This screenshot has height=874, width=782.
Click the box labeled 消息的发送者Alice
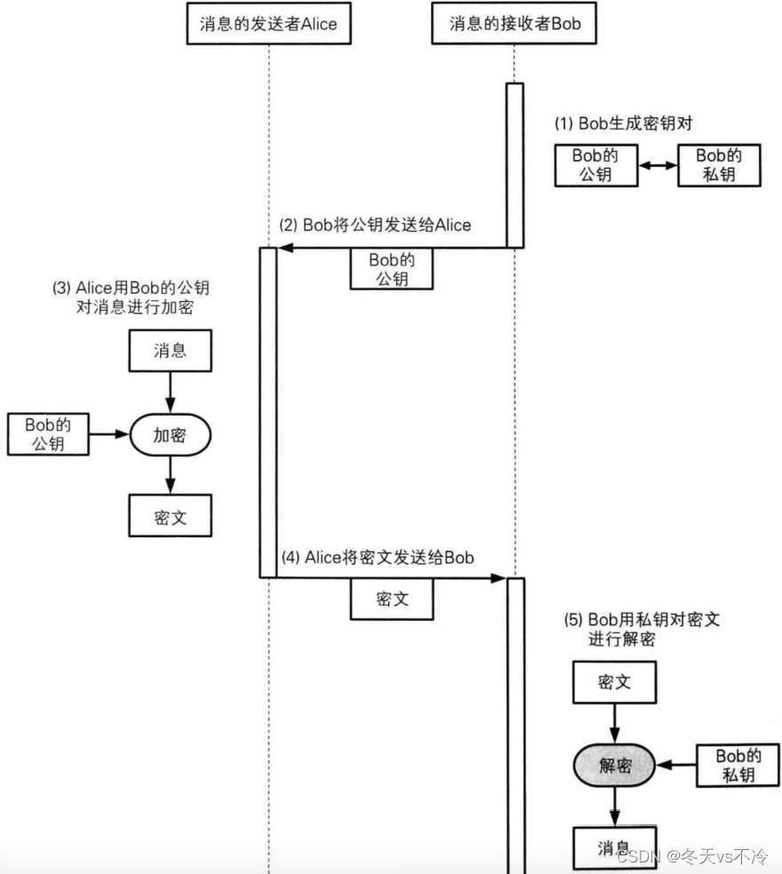point(268,23)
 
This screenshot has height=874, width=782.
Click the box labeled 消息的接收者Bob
point(514,23)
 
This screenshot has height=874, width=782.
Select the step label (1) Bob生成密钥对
point(623,123)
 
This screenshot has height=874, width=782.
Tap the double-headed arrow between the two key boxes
point(658,165)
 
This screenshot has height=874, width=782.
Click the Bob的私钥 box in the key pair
point(719,165)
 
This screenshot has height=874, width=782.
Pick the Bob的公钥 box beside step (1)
point(596,165)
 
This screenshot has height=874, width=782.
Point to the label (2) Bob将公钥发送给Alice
point(375,226)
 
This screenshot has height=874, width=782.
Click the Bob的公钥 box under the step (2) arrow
point(392,269)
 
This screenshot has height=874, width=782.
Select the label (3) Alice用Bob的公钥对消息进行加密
point(132,297)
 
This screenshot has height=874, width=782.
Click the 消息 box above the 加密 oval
point(170,351)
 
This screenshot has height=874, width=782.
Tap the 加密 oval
point(170,434)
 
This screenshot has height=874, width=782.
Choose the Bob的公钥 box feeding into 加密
point(48,434)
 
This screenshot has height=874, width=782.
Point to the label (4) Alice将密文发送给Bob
point(378,558)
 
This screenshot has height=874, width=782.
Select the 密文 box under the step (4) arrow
point(392,600)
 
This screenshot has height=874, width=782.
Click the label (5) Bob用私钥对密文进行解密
point(642,629)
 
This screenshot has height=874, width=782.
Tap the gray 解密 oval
point(615,766)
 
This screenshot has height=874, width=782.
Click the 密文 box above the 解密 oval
point(615,682)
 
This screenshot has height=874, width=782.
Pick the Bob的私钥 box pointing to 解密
point(738,766)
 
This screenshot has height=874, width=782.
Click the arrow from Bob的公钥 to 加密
point(109,434)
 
